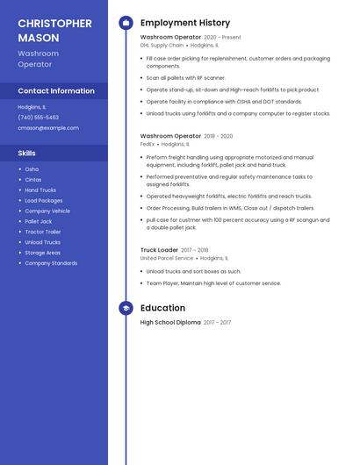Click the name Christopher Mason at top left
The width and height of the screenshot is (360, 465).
click(54, 31)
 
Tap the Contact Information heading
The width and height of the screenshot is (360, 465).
click(56, 90)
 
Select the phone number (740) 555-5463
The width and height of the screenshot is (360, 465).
click(39, 117)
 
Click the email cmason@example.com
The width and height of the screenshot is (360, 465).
click(48, 127)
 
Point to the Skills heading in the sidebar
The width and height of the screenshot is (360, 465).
click(27, 153)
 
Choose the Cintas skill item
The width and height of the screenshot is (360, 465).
click(33, 179)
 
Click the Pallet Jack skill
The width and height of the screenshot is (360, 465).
click(39, 221)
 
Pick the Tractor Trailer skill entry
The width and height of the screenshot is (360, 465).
click(42, 232)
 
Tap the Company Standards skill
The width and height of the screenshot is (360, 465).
click(51, 263)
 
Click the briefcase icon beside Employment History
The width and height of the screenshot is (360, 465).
click(126, 22)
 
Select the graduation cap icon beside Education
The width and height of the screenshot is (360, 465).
click(126, 308)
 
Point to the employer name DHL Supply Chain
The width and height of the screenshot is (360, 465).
click(162, 45)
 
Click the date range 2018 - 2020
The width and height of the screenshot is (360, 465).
click(219, 136)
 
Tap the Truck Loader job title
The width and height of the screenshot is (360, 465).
click(159, 250)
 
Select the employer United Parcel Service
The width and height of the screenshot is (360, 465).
click(167, 258)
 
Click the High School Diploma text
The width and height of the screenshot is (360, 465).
click(170, 323)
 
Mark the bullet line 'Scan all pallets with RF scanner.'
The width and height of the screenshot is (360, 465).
click(186, 78)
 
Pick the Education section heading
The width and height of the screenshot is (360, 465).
click(162, 308)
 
